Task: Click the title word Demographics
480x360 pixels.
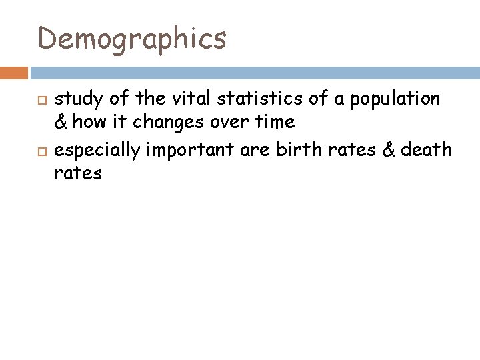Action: click(x=132, y=38)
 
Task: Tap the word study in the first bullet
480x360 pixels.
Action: click(x=75, y=99)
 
